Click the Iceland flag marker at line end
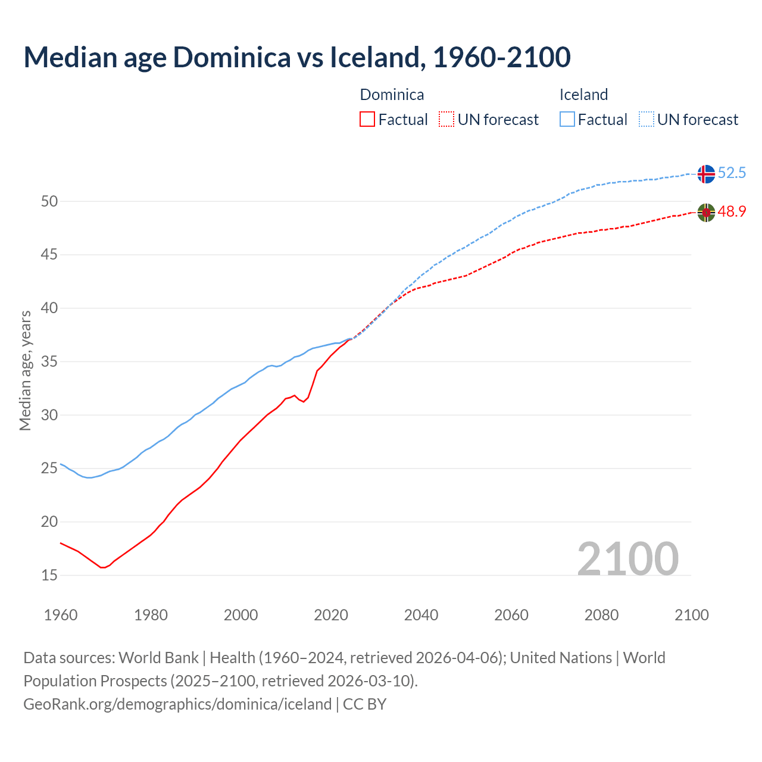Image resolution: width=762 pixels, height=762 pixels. click(705, 174)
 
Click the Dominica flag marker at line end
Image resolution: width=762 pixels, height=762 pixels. click(705, 212)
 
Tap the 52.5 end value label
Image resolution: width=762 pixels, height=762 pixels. click(732, 173)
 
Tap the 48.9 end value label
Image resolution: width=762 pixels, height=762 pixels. click(732, 211)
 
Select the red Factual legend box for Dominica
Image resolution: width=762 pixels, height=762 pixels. click(367, 119)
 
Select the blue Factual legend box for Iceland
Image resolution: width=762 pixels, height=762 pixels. click(567, 119)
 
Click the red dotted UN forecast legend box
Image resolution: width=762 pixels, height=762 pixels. click(446, 119)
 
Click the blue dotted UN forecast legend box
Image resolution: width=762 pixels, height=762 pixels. click(647, 119)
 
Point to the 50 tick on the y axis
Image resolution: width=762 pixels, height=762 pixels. click(49, 201)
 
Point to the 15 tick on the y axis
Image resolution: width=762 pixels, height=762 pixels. click(49, 575)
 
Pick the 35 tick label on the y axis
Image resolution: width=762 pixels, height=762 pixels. click(49, 361)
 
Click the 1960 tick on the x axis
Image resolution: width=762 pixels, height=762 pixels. click(61, 615)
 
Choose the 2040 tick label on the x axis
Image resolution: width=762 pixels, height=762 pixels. click(421, 615)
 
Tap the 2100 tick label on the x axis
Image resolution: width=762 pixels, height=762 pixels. click(691, 615)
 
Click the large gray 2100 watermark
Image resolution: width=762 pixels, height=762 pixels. click(627, 558)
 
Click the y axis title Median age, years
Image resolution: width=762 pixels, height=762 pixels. click(25, 370)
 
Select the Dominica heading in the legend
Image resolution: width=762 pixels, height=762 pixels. click(392, 95)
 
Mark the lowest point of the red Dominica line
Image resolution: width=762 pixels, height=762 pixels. click(102, 567)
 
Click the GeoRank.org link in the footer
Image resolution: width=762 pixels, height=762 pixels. click(177, 704)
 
